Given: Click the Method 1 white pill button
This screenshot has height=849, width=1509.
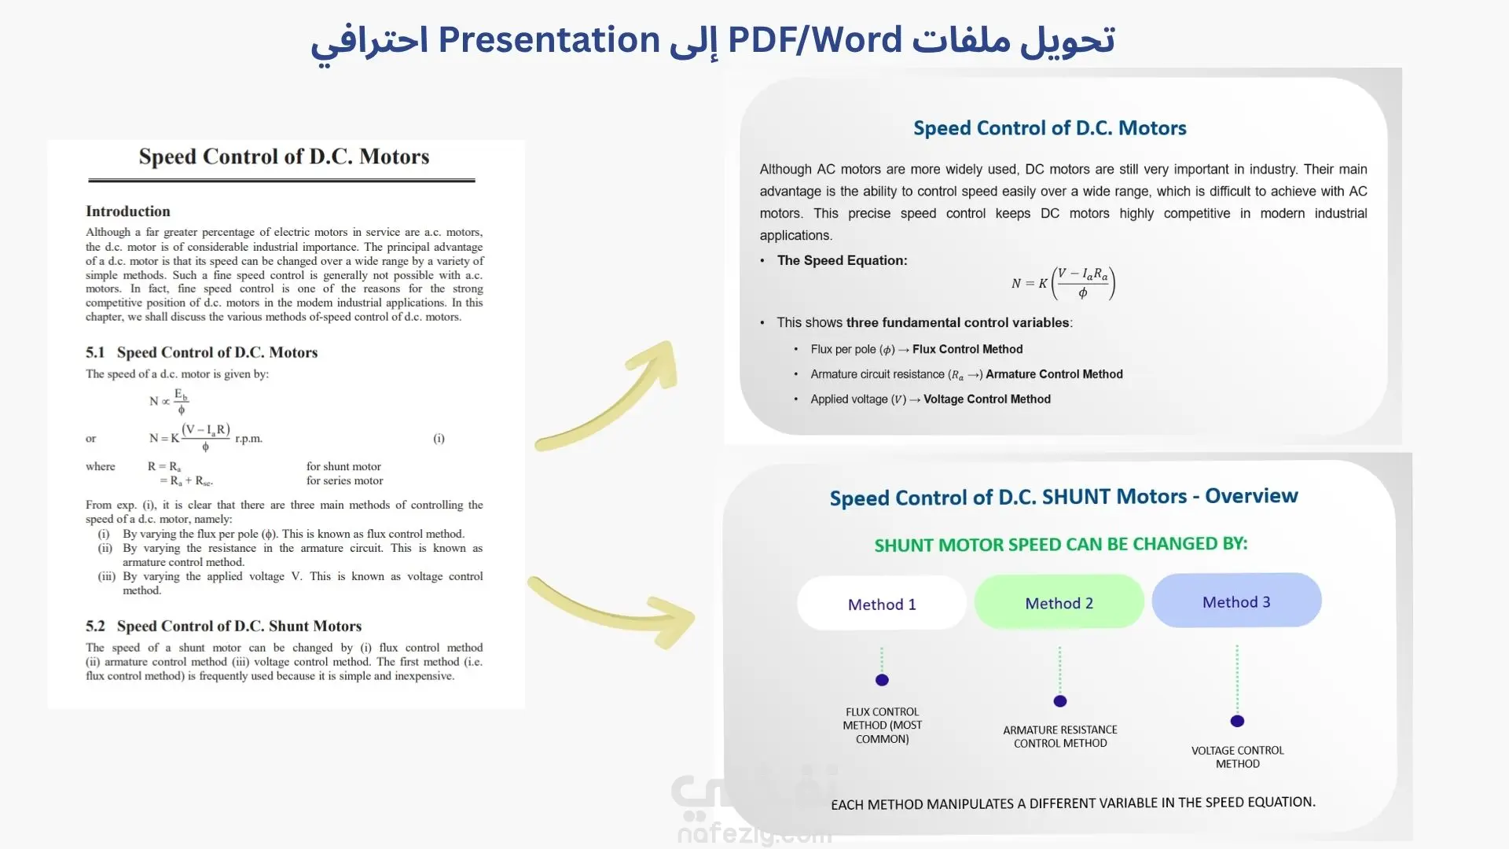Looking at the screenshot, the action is click(882, 603).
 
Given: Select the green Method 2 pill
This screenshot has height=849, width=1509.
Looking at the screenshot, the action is click(1059, 601).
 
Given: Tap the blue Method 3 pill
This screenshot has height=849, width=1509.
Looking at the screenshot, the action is click(1236, 601).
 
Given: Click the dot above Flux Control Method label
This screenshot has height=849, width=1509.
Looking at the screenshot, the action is click(882, 680).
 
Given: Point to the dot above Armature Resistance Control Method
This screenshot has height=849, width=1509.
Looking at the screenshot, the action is click(1060, 701).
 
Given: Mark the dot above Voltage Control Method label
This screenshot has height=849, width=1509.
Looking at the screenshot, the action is click(1237, 721).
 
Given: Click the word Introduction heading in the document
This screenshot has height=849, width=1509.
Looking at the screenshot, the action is click(128, 211).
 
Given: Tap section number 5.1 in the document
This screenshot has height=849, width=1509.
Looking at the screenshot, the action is click(95, 352).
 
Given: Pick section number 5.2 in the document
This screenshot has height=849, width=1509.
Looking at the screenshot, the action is click(95, 626).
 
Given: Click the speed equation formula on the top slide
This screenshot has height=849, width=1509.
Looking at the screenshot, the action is click(1063, 283).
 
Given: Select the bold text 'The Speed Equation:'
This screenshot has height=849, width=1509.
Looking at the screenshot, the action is click(842, 260).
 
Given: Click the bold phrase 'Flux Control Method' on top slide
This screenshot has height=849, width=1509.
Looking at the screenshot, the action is click(967, 349).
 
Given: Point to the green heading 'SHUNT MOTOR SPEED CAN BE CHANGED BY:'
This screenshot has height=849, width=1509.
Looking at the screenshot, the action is click(1061, 544).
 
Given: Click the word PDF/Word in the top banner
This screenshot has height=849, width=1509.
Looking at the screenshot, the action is click(815, 40).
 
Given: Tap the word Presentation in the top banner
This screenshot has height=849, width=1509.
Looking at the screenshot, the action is click(549, 40).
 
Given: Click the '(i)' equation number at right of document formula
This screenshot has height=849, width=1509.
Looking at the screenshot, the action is click(439, 439).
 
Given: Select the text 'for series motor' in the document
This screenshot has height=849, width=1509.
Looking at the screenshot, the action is click(345, 481).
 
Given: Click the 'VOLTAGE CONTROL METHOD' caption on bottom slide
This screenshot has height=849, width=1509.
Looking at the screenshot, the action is click(1238, 757).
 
